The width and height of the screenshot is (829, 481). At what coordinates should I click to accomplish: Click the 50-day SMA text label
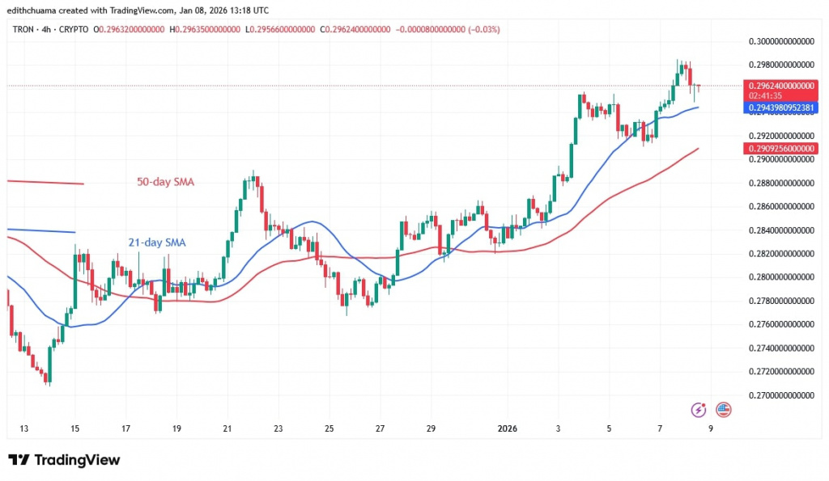click(x=164, y=182)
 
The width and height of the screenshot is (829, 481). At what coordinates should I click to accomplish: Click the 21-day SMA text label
click(x=158, y=242)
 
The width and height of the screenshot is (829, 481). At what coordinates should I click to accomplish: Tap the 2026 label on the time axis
click(x=508, y=428)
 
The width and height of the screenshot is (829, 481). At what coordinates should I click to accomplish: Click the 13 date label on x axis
click(x=24, y=428)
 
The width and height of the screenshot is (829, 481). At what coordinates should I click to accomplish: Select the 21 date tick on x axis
click(x=227, y=428)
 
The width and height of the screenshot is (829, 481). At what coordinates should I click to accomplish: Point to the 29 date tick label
click(x=432, y=428)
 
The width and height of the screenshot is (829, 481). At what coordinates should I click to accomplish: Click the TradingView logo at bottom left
click(x=64, y=460)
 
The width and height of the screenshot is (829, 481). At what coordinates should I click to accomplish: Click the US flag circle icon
click(x=723, y=410)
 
